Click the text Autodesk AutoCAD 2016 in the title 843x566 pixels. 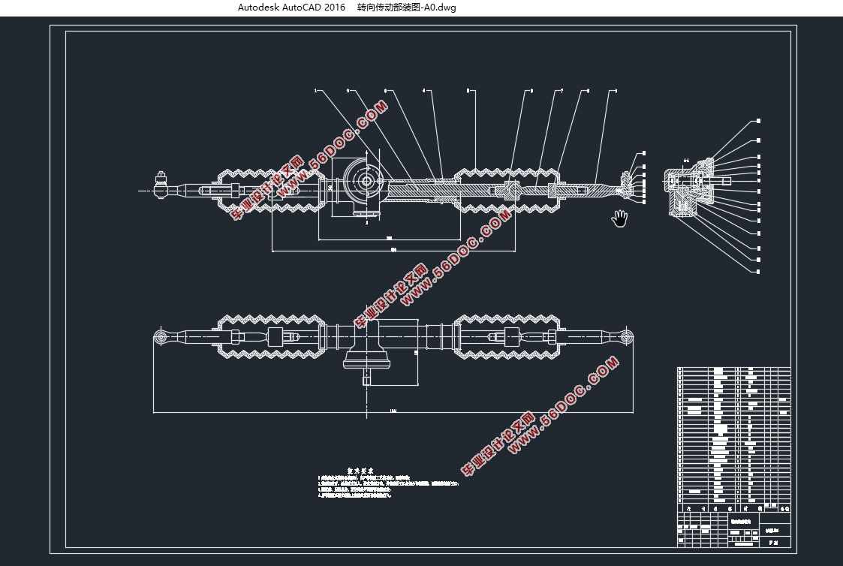(291, 8)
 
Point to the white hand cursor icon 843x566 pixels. (619, 218)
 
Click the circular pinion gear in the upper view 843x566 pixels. (366, 181)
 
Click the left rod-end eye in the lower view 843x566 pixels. (161, 336)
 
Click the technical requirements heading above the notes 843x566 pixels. (360, 471)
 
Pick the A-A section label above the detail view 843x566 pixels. (686, 161)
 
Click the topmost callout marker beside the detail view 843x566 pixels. (758, 121)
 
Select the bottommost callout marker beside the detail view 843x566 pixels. (758, 270)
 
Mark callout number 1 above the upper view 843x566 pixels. (315, 91)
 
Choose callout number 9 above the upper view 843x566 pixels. (616, 91)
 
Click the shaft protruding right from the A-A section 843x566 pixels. (722, 181)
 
